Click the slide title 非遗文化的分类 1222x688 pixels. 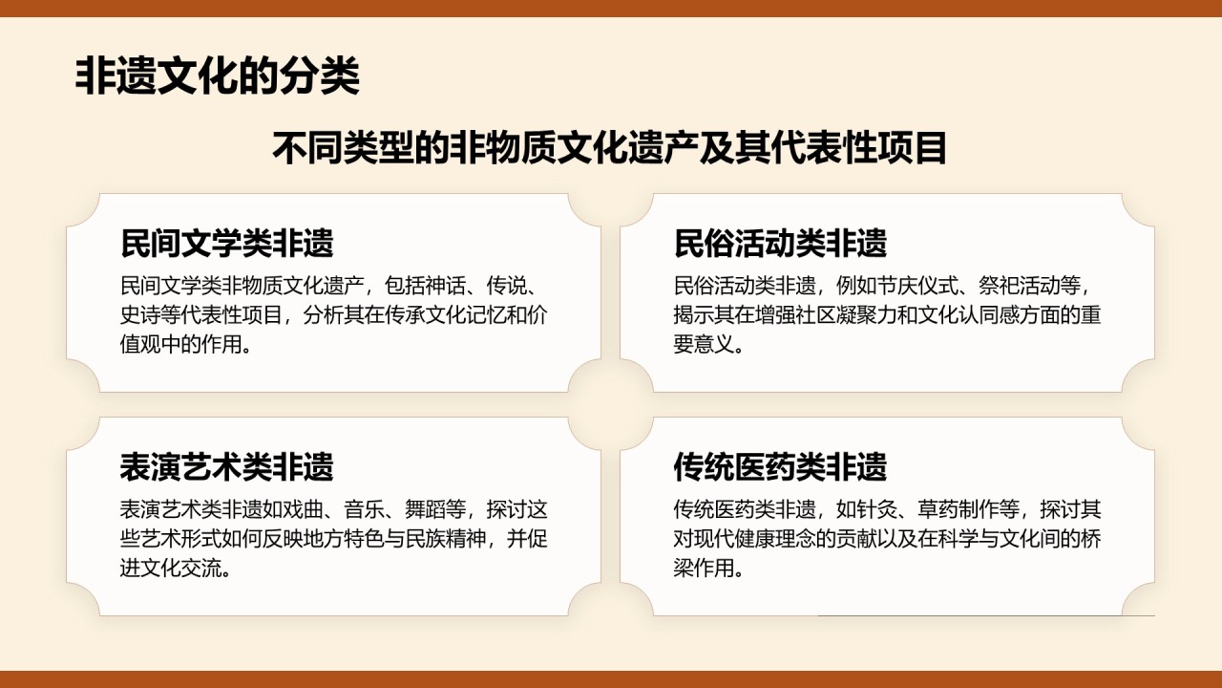[x=217, y=75]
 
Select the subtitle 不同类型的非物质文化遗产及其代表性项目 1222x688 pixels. [x=609, y=147]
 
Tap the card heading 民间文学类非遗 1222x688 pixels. [x=227, y=243]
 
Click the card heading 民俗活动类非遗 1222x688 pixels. [x=780, y=243]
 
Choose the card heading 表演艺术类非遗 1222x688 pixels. [x=227, y=467]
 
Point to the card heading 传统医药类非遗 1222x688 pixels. [x=780, y=467]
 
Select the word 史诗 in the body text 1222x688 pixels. [x=140, y=315]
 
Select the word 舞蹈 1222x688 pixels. [x=425, y=509]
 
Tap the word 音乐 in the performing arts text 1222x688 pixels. [x=364, y=509]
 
